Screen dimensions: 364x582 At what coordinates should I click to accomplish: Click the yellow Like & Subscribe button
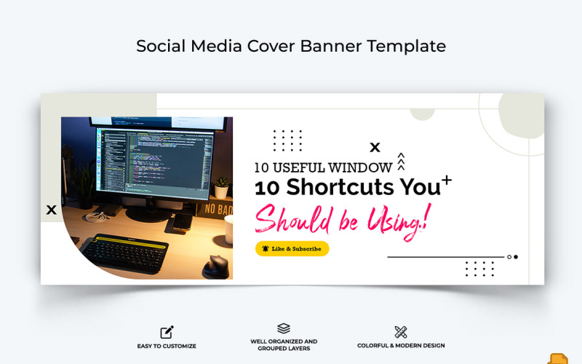click(x=292, y=249)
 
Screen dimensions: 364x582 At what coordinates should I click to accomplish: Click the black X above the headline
click(x=375, y=148)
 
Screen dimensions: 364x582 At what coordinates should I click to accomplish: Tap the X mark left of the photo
click(x=51, y=210)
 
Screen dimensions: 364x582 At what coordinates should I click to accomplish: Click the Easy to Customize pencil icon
click(x=167, y=332)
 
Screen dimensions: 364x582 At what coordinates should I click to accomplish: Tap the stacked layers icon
click(x=284, y=329)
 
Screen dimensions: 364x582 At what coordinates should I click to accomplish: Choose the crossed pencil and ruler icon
click(x=400, y=332)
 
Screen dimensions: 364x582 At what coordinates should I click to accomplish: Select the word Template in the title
click(x=406, y=46)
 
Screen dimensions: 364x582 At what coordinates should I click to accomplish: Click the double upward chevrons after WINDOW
click(x=401, y=162)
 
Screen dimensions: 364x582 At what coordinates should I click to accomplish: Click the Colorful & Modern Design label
click(x=401, y=346)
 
